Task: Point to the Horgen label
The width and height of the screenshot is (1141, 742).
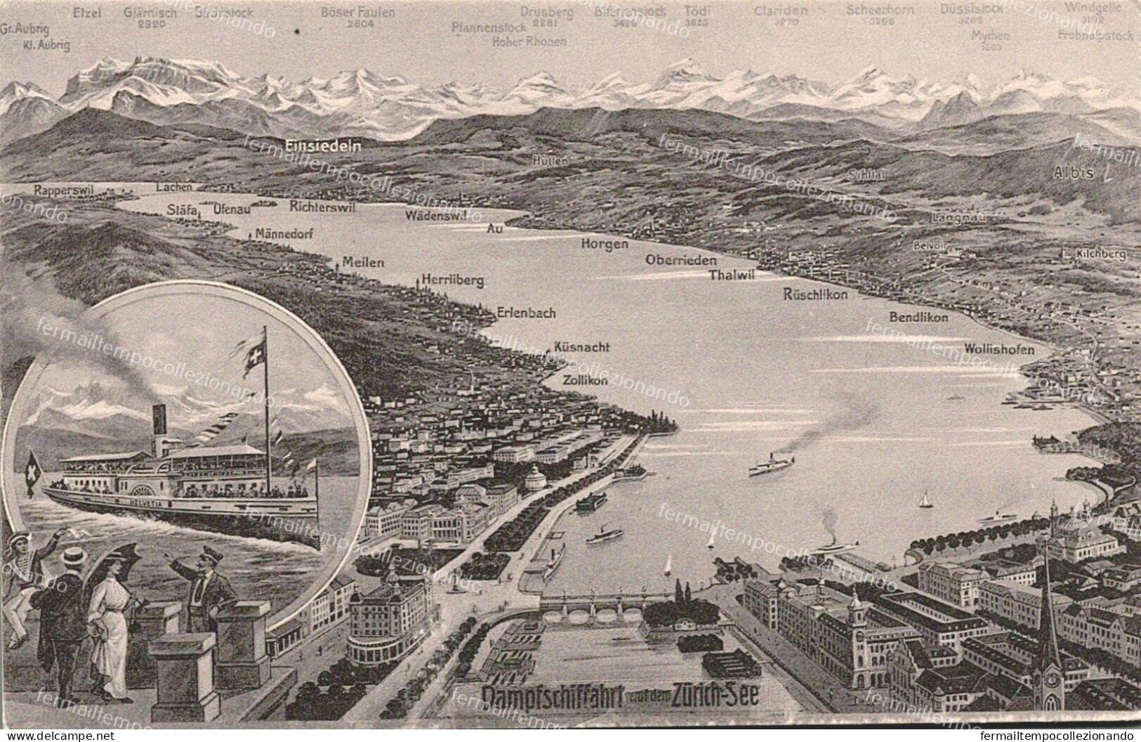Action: tap(604, 245)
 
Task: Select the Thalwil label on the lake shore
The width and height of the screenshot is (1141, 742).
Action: tap(732, 275)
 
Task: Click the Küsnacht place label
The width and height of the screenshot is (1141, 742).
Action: tap(581, 347)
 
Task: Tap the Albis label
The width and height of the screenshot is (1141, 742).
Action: tap(1074, 174)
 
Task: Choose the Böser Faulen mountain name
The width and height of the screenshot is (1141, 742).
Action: tap(357, 12)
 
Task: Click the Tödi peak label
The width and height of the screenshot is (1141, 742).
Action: tap(697, 12)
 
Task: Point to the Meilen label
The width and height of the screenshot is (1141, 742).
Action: tap(363, 263)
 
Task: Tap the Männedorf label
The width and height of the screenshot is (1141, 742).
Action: tap(284, 234)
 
